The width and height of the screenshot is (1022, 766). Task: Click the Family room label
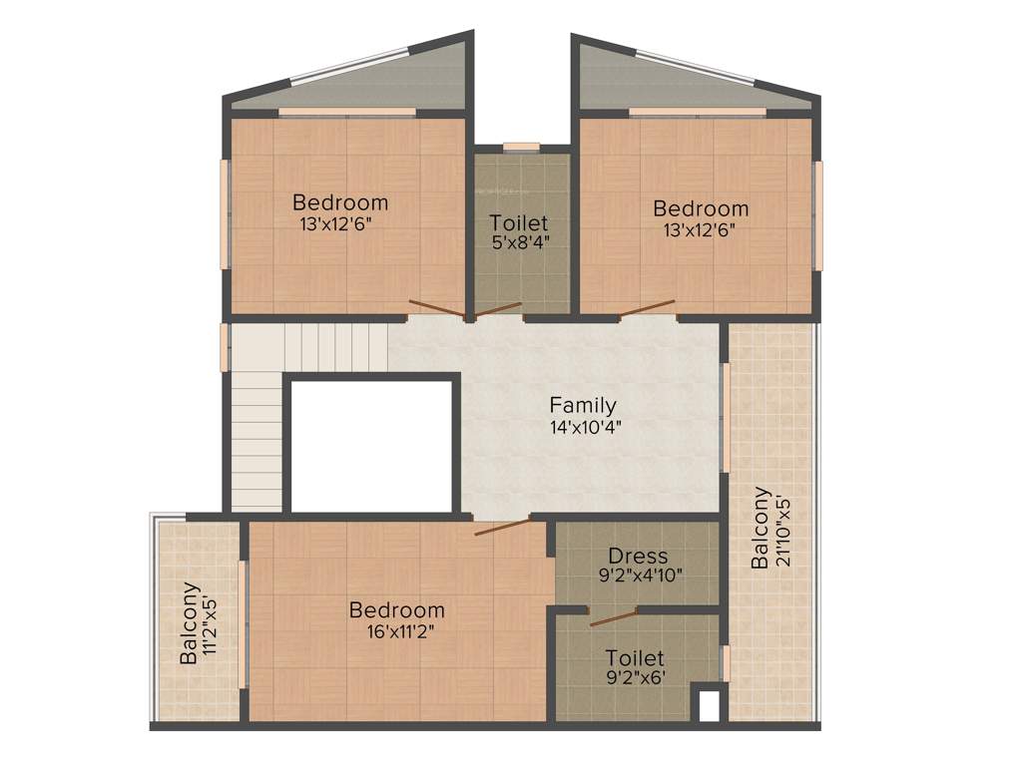click(x=583, y=406)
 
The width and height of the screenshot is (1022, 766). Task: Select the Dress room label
click(x=638, y=556)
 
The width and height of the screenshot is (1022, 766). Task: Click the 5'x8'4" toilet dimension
click(x=519, y=241)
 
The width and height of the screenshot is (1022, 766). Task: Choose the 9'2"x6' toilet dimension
click(x=636, y=677)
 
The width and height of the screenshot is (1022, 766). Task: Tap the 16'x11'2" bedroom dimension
click(x=397, y=629)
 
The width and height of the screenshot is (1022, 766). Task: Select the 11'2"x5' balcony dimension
click(x=211, y=625)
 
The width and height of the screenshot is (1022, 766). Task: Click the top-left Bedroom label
click(x=340, y=203)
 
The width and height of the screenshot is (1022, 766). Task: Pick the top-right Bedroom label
click(x=701, y=208)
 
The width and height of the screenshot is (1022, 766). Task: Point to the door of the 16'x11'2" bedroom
click(x=502, y=527)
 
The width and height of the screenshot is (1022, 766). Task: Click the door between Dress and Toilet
click(x=613, y=616)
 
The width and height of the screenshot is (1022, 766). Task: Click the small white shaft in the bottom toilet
click(x=709, y=705)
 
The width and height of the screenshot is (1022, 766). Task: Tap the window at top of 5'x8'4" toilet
click(x=521, y=148)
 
